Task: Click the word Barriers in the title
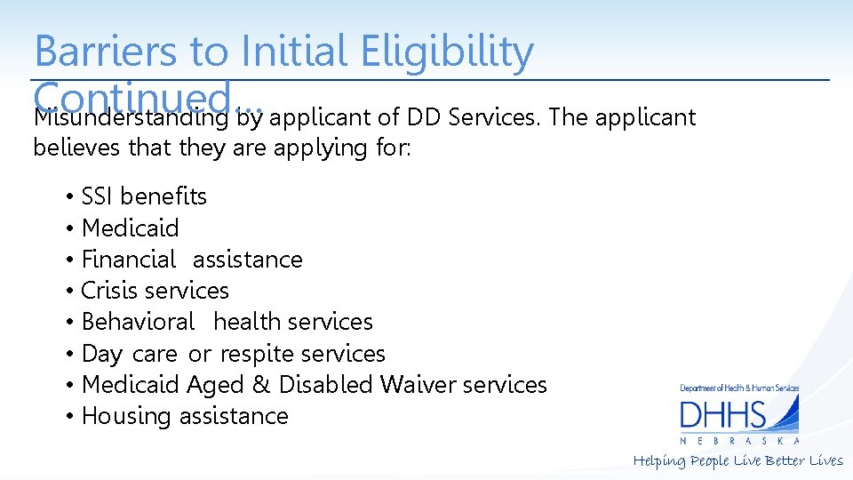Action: (x=106, y=52)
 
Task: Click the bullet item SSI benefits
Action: (x=143, y=196)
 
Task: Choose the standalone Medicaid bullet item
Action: (x=130, y=228)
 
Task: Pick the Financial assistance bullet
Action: (x=191, y=260)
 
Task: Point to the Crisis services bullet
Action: (x=155, y=291)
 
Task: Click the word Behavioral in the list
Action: (x=137, y=322)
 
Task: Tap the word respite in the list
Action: (x=256, y=354)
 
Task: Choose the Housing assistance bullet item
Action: (x=184, y=416)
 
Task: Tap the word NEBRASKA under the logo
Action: (x=739, y=441)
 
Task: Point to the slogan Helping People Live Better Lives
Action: (x=737, y=460)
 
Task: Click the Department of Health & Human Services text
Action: (x=739, y=388)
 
